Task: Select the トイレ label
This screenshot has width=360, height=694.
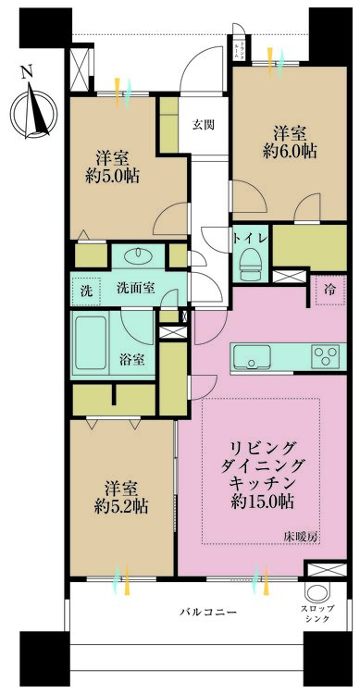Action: [251, 239]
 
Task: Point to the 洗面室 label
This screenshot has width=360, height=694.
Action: [135, 288]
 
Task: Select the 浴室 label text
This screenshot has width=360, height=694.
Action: [130, 359]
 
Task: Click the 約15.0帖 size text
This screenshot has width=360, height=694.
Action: [262, 503]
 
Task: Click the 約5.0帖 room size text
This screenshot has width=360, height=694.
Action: [115, 176]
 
